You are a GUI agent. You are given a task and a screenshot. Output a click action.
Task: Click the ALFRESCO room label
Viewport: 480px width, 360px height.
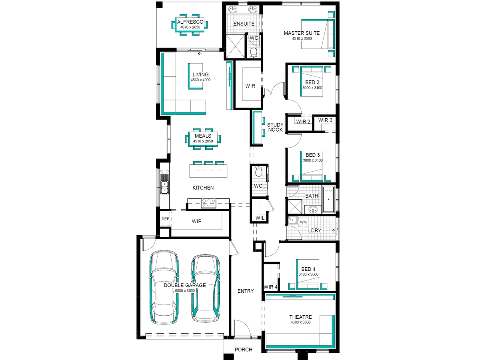(x=190, y=22)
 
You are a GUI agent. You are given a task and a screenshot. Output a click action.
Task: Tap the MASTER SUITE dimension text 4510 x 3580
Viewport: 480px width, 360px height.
(x=302, y=39)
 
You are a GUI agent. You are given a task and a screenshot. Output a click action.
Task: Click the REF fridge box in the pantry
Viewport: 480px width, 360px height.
(x=165, y=219)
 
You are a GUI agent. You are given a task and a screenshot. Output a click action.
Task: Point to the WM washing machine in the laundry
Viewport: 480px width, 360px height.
(x=303, y=222)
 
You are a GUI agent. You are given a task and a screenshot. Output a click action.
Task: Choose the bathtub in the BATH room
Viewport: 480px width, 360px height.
(x=328, y=199)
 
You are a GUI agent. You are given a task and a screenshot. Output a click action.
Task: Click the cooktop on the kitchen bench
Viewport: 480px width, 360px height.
(x=208, y=203)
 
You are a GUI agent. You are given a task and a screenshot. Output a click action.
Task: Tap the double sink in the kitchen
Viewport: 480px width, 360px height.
(x=164, y=188)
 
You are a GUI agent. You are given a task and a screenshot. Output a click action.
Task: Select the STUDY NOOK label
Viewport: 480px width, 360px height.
(x=275, y=127)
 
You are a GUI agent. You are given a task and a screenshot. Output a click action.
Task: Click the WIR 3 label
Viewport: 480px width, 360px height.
(x=325, y=120)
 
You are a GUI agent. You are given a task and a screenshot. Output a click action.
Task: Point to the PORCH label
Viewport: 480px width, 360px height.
(x=243, y=350)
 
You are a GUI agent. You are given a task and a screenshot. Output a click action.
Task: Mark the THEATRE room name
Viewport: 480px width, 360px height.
(x=300, y=317)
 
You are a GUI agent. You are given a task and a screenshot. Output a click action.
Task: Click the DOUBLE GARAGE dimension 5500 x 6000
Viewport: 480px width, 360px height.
(x=185, y=291)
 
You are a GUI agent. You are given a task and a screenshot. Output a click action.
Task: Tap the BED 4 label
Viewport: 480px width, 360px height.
(x=308, y=269)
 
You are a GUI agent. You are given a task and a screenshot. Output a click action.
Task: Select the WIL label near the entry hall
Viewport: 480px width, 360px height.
(x=260, y=218)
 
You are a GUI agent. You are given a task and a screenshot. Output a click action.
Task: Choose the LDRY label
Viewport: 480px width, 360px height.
(x=315, y=230)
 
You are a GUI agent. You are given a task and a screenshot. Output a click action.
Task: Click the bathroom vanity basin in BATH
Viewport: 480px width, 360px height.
(x=313, y=210)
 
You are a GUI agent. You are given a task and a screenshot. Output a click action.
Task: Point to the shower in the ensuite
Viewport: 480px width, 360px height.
(x=235, y=46)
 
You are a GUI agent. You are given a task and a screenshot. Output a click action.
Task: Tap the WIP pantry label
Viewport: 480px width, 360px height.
(x=196, y=222)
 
